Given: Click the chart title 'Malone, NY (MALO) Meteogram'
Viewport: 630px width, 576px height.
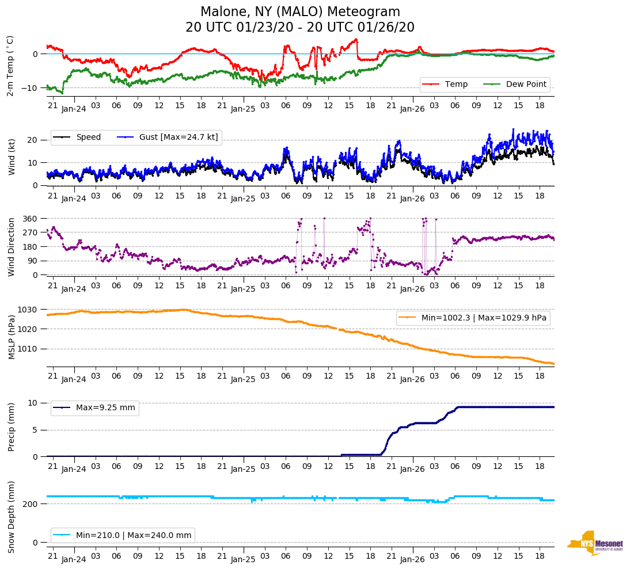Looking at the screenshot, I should tap(300, 12).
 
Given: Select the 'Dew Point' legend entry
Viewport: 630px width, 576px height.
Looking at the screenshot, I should tap(526, 84).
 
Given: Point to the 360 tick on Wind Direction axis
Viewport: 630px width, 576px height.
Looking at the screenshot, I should tap(31, 219).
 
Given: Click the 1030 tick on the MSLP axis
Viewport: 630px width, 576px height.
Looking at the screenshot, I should tap(29, 310).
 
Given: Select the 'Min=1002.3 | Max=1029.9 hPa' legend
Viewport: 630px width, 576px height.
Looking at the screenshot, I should tap(484, 318).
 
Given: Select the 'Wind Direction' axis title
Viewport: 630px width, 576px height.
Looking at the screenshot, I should tap(12, 247).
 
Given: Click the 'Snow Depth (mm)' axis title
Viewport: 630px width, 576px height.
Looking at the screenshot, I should tap(12, 517).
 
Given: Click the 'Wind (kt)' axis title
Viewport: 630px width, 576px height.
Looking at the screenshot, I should tap(12, 157).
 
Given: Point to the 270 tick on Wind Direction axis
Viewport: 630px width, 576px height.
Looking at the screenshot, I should tap(31, 232).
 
